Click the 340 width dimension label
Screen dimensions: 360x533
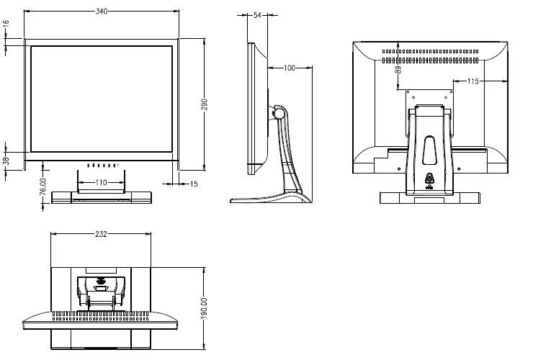coord(102,11)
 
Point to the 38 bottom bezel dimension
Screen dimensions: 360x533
coord(5,161)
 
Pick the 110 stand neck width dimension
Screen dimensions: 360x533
coord(101,183)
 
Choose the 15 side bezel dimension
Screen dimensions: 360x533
coord(194,184)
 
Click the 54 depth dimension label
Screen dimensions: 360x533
coord(257,14)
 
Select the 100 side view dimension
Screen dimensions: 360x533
coord(290,68)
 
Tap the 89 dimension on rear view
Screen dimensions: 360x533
coord(398,71)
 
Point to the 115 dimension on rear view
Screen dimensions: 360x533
coord(472,81)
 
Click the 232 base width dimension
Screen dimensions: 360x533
coord(102,234)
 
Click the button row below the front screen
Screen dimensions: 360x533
coord(102,165)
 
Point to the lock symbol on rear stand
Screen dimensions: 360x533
coord(429,178)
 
